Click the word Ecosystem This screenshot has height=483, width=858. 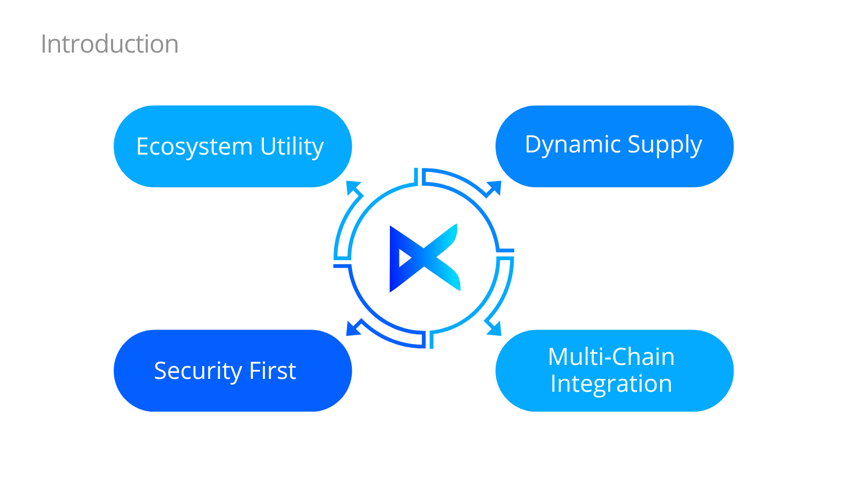click(x=194, y=147)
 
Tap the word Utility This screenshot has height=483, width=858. click(x=292, y=147)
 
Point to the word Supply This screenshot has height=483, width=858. click(x=664, y=144)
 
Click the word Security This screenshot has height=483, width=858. click(x=198, y=371)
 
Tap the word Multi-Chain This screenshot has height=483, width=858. click(x=611, y=357)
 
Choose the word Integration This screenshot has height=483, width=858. click(x=611, y=384)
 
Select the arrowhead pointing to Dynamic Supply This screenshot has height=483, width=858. click(x=495, y=187)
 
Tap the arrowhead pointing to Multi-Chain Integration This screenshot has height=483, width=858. click(x=494, y=328)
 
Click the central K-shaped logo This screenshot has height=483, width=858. click(x=424, y=258)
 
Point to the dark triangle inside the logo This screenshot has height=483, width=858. click(x=405, y=258)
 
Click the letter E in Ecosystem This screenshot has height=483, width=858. click(x=143, y=147)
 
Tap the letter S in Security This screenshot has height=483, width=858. click(x=160, y=371)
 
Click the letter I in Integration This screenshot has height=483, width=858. click(x=554, y=384)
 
